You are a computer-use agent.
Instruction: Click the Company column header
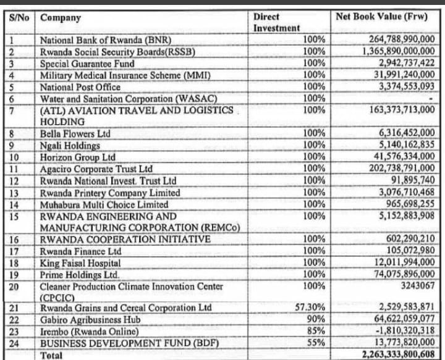pyautogui.click(x=61, y=17)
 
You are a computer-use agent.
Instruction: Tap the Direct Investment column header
pyautogui.click(x=276, y=22)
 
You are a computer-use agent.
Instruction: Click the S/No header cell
pyautogui.click(x=20, y=17)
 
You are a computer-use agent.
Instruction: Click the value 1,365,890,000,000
pyautogui.click(x=398, y=52)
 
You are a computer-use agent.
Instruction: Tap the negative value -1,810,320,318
pyautogui.click(x=401, y=332)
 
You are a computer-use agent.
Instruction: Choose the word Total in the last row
pyautogui.click(x=52, y=355)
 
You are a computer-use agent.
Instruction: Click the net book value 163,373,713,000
pyautogui.click(x=398, y=110)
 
